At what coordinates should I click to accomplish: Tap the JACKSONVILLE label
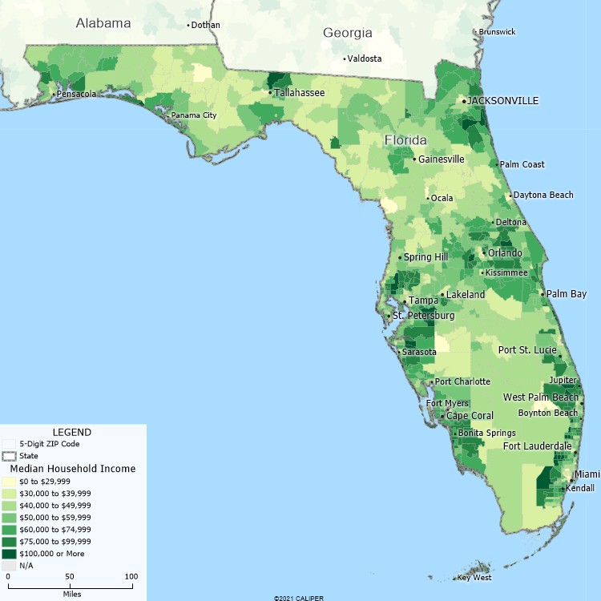[502, 101]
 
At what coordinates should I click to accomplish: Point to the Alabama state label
[103, 23]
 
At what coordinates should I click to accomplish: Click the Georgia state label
[348, 33]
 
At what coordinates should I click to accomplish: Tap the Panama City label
[193, 115]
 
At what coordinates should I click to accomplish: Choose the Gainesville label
[441, 159]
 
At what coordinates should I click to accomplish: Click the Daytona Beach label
[543, 195]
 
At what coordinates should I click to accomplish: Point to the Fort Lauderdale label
[537, 446]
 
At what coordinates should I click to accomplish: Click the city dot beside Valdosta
[345, 58]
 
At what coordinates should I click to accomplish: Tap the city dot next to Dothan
[189, 25]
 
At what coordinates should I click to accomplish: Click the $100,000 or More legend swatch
[9, 554]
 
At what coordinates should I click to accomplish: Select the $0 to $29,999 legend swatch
[9, 481]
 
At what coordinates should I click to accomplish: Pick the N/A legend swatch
[9, 566]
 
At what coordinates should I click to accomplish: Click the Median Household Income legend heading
[73, 469]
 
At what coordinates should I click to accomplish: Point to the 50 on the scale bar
[69, 577]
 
